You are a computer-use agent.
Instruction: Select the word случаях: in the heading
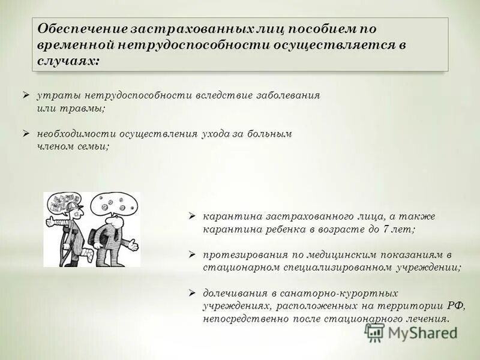click(68, 61)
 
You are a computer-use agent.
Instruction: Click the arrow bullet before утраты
click(26, 95)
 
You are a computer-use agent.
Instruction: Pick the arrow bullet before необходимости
click(26, 133)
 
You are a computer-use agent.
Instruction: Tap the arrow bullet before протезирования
click(192, 254)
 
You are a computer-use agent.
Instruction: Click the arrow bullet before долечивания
click(192, 293)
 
